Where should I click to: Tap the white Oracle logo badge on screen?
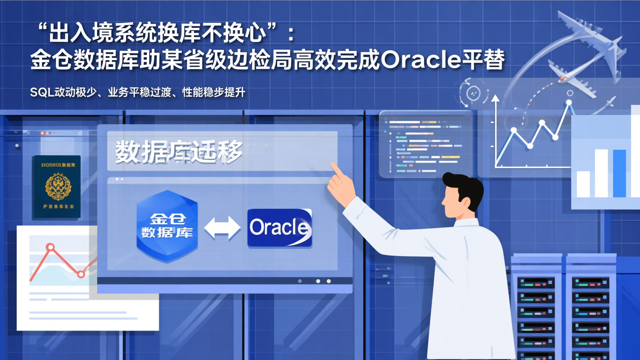(280, 228)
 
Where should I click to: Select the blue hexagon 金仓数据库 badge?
(167, 225)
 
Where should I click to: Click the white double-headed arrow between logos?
(222, 228)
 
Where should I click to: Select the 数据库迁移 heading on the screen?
(179, 152)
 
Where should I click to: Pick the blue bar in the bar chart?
(619, 173)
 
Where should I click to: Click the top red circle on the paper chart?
(50, 247)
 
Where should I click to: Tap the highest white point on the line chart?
(568, 103)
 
